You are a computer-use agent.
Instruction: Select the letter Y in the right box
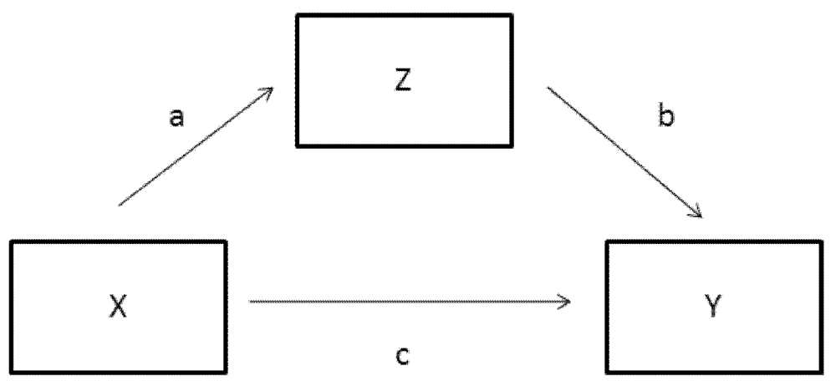pos(716,309)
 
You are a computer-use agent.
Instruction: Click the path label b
pos(665,117)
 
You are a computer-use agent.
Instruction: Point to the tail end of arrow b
pos(548,85)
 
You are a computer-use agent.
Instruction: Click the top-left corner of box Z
pos(294,15)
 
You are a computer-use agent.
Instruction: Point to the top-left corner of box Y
pos(608,241)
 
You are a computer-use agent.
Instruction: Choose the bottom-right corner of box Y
pos(824,373)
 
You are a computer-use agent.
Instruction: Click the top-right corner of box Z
pos(511,15)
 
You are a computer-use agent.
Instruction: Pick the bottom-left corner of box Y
pos(608,373)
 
